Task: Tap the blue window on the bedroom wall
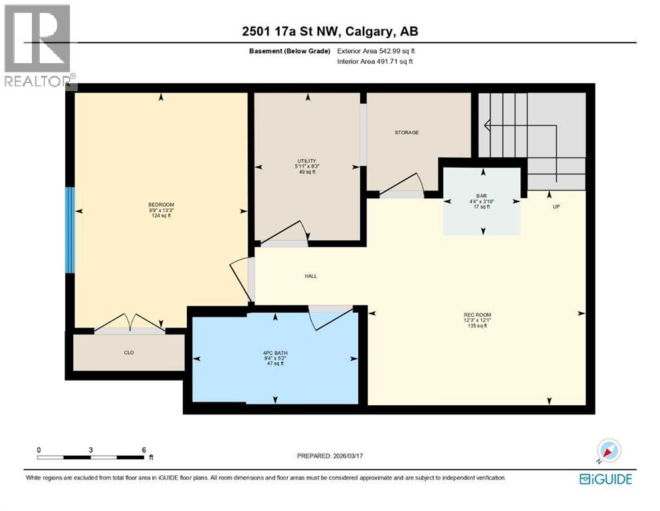pyautogui.click(x=69, y=230)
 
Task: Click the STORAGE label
pyautogui.click(x=406, y=132)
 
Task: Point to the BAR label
pyautogui.click(x=482, y=196)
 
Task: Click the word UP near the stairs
pyautogui.click(x=556, y=207)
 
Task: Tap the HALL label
pyautogui.click(x=310, y=275)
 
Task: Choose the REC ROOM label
pyautogui.click(x=477, y=315)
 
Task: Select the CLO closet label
pyautogui.click(x=129, y=353)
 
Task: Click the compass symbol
pyautogui.click(x=608, y=451)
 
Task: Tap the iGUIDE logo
pyautogui.click(x=605, y=478)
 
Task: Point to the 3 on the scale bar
pyautogui.click(x=90, y=449)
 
